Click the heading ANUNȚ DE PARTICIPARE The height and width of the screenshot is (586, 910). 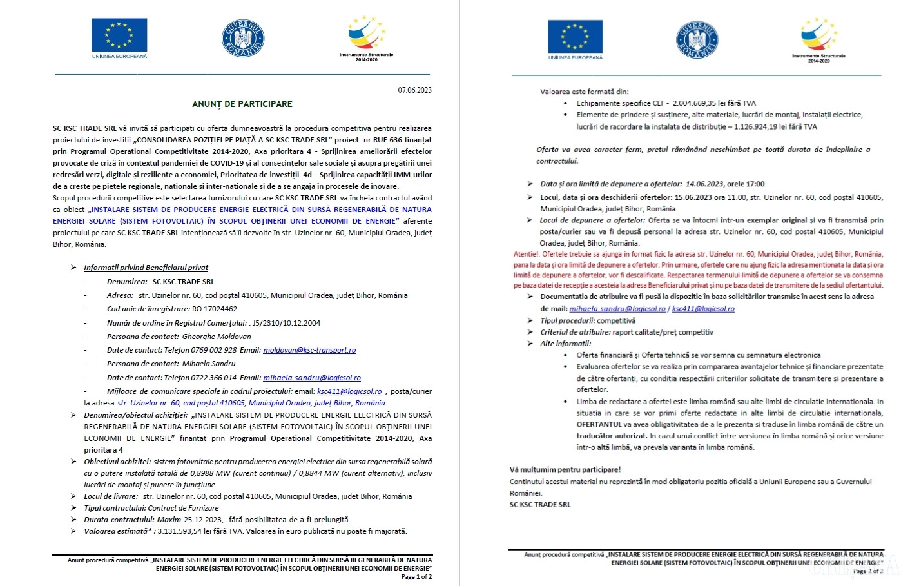pyautogui.click(x=242, y=104)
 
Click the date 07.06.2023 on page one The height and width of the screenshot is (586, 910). pyautogui.click(x=414, y=90)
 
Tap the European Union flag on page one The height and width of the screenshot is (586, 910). pyautogui.click(x=119, y=36)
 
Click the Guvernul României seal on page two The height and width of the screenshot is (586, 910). pyautogui.click(x=697, y=39)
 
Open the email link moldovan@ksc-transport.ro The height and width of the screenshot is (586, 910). pyautogui.click(x=309, y=350)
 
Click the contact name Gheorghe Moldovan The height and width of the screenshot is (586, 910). pyautogui.click(x=217, y=337)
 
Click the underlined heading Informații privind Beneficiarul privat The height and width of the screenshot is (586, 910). pyautogui.click(x=146, y=268)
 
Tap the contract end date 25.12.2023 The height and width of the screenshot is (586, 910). pyautogui.click(x=203, y=520)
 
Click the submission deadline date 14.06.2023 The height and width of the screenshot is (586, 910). pyautogui.click(x=704, y=184)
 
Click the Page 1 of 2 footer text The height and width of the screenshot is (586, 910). pyautogui.click(x=416, y=577)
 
